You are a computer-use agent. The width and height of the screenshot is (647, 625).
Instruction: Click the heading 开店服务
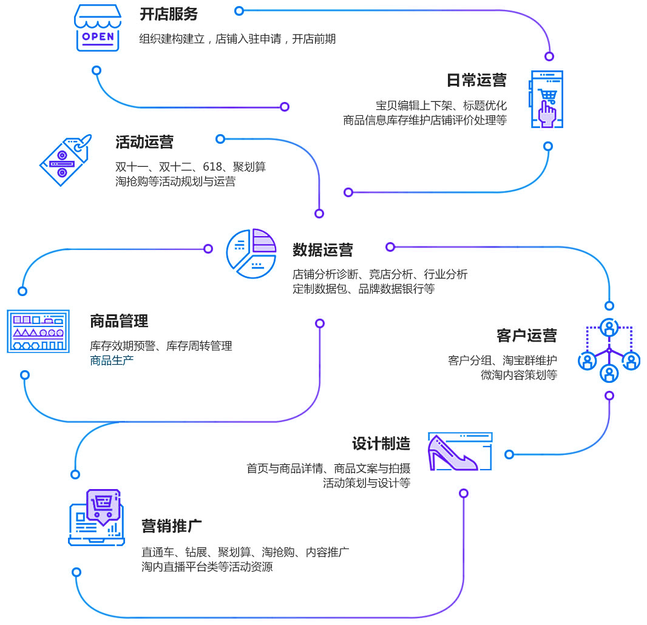(x=169, y=14)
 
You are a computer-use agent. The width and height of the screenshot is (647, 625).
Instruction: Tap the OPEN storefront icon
(x=97, y=28)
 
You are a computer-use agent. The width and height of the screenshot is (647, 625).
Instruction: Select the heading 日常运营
(x=476, y=80)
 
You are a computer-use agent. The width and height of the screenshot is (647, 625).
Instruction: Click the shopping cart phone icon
(x=547, y=100)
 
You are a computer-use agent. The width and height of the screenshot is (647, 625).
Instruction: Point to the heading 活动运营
(x=144, y=143)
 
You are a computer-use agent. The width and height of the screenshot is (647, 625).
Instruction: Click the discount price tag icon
(x=65, y=160)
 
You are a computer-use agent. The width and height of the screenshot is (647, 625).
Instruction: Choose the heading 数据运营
(x=322, y=250)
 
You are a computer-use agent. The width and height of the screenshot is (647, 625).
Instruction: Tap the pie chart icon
(x=251, y=253)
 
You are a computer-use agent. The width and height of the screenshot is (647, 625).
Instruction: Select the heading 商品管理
(x=119, y=320)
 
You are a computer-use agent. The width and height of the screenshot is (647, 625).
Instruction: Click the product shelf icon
(x=38, y=331)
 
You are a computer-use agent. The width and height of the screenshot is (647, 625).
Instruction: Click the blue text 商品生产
(x=112, y=360)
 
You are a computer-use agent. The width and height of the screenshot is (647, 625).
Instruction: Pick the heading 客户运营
(x=526, y=336)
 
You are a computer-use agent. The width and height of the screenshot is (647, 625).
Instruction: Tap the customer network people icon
(x=609, y=350)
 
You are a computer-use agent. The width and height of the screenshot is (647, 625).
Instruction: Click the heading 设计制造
(x=381, y=444)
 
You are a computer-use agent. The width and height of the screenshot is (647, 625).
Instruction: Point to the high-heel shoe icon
(x=459, y=452)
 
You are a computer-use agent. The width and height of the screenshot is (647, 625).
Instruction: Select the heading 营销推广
(x=172, y=525)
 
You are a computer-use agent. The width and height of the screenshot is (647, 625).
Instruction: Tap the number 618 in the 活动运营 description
(x=212, y=167)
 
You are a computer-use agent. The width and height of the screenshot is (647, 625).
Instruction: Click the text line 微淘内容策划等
(x=518, y=375)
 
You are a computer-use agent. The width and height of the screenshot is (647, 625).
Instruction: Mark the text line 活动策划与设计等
(x=366, y=483)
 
